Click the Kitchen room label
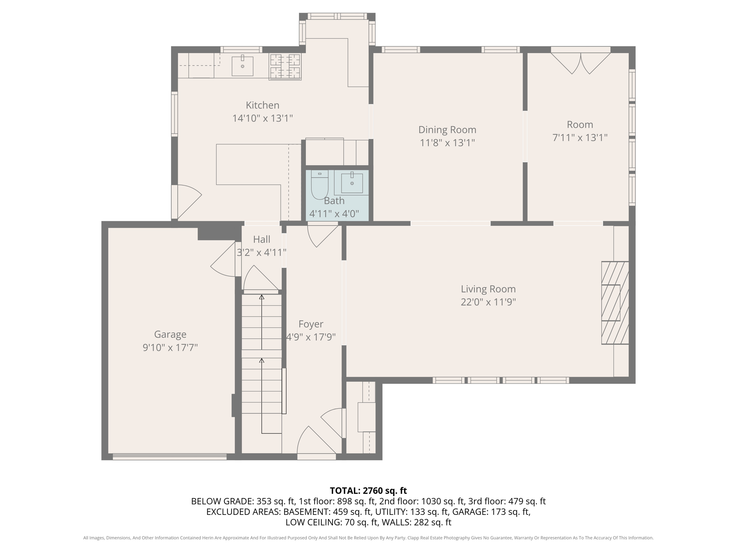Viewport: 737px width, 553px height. tap(262, 105)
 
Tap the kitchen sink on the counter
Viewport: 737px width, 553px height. tap(242, 66)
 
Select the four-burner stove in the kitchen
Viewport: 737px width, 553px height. tap(285, 67)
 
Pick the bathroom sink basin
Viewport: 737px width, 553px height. tap(352, 183)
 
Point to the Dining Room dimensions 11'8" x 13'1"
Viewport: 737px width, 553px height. tap(447, 143)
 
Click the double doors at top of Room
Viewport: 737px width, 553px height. tap(580, 63)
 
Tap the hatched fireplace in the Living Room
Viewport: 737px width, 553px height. tap(615, 303)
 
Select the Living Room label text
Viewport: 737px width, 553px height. tap(488, 289)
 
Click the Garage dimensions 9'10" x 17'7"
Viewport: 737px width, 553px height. tap(170, 348)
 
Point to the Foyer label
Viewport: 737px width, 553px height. tap(311, 324)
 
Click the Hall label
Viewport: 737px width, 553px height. tap(262, 239)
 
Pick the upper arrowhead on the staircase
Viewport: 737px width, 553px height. tap(262, 297)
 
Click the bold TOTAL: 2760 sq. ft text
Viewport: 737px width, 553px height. tap(368, 491)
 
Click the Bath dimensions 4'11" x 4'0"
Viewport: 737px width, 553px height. tap(334, 214)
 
